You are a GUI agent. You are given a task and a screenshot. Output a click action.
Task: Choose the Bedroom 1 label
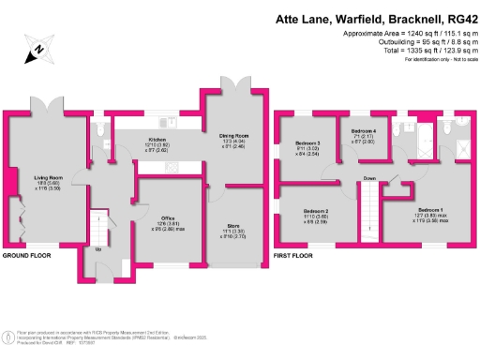430,210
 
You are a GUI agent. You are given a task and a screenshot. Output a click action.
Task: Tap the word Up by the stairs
98,250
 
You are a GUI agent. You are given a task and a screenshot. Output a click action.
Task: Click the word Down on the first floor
370,177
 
